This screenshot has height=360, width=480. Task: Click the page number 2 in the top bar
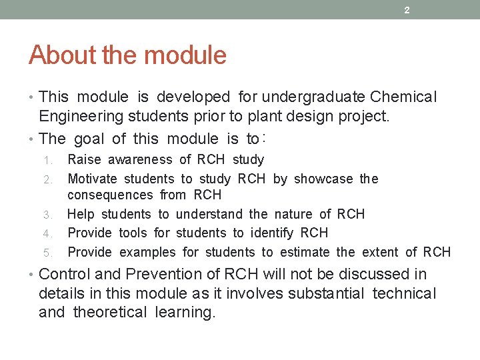coord(406,10)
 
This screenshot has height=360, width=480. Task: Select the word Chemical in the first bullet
coord(403,97)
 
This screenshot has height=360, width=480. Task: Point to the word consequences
coord(110,195)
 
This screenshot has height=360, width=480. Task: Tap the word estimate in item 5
coord(306,252)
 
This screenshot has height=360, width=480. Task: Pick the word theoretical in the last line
coord(109,313)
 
